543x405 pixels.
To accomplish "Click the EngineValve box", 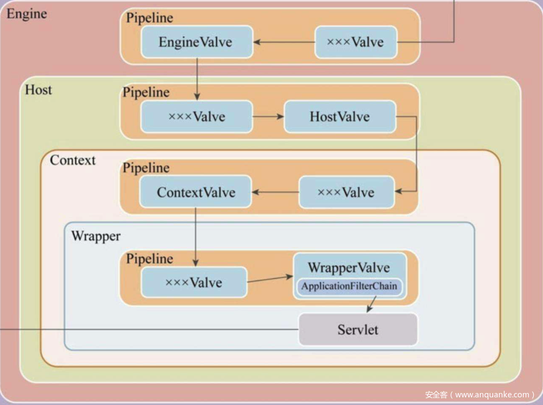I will pyautogui.click(x=196, y=42).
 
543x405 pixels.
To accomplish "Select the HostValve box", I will pyautogui.click(x=340, y=116).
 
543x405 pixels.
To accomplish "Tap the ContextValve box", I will pyautogui.click(x=196, y=192).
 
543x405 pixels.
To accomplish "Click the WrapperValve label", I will pyautogui.click(x=348, y=267).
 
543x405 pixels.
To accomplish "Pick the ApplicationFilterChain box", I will pyautogui.click(x=349, y=286).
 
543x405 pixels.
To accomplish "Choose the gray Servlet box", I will pyautogui.click(x=358, y=329).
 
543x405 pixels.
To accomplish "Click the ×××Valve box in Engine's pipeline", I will pyautogui.click(x=355, y=42).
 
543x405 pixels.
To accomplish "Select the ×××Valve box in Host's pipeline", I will pyautogui.click(x=196, y=116).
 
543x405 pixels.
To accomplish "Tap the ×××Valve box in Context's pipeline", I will pyautogui.click(x=346, y=192).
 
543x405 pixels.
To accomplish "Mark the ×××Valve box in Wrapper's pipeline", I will pyautogui.click(x=194, y=282).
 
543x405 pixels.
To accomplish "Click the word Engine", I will pyautogui.click(x=26, y=14).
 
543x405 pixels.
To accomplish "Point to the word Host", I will pyautogui.click(x=38, y=89).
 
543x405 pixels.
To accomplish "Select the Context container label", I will pyautogui.click(x=73, y=161).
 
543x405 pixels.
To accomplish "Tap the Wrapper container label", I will pyautogui.click(x=95, y=237).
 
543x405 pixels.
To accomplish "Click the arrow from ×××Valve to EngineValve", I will pyautogui.click(x=283, y=42).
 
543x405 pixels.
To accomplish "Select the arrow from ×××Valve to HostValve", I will pyautogui.click(x=268, y=116).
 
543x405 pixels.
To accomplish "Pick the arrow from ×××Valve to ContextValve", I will pyautogui.click(x=275, y=192).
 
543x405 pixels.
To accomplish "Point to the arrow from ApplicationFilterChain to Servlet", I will pyautogui.click(x=371, y=304).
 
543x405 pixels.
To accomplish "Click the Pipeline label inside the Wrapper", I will pyautogui.click(x=149, y=259).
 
